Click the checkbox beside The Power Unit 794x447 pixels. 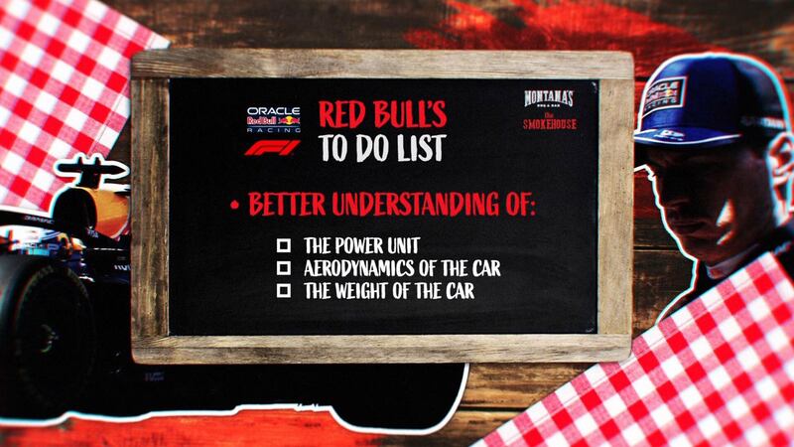point(284,244)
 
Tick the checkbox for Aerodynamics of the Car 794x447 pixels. point(284,268)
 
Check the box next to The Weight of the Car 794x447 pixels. point(284,291)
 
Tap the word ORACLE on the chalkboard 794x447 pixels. point(274,110)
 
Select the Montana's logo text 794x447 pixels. point(549,99)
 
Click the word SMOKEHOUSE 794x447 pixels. point(550,124)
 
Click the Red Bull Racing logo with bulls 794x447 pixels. point(274,122)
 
